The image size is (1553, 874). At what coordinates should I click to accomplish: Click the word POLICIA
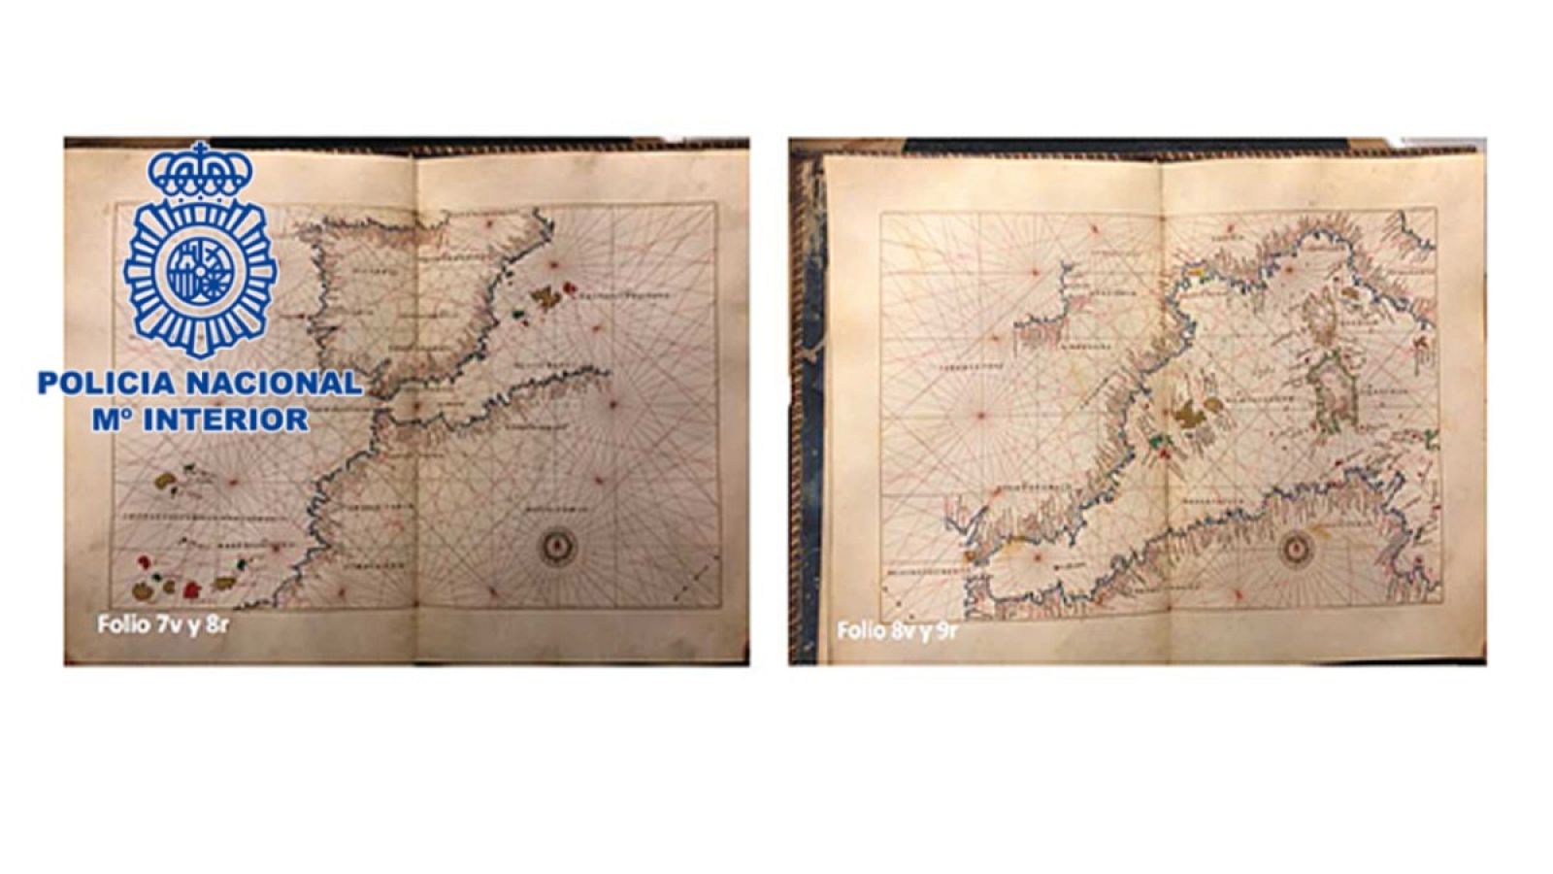107,384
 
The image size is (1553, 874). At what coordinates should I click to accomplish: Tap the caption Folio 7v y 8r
162,624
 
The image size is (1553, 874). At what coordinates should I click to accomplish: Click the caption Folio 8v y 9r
897,631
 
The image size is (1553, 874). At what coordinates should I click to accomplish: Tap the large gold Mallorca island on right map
1188,416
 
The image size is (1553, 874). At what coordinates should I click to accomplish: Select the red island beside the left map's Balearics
568,288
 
